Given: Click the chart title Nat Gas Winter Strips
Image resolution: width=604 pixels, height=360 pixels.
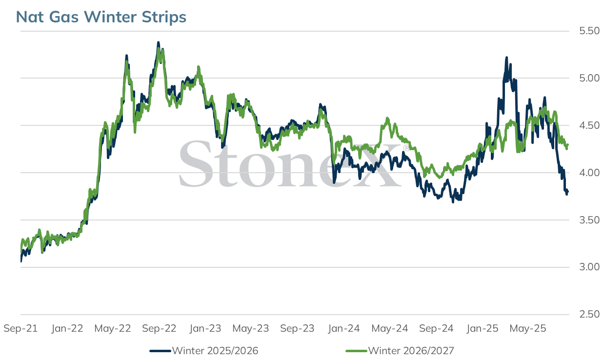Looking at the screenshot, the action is pos(101,17).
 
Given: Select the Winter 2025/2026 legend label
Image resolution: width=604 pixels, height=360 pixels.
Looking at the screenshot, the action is pos(215,351).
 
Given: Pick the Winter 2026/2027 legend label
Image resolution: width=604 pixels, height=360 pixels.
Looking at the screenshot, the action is pos(411,351).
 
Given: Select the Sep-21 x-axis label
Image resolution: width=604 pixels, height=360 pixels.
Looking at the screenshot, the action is pos(20,328).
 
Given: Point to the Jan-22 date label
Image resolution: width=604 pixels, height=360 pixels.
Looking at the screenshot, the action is pos(67,328).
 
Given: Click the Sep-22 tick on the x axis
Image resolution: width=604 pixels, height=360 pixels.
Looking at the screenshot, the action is pos(159,328).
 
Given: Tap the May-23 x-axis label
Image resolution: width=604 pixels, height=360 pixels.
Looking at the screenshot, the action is pos(251,328).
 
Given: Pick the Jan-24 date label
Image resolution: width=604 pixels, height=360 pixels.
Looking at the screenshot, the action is pos(344,328).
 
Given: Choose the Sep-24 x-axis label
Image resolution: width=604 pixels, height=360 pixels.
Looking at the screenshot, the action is pos(436,328).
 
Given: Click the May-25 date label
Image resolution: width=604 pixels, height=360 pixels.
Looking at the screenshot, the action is pos(528,328).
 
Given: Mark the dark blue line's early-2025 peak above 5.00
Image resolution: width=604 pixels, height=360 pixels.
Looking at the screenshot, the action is pos(506,58).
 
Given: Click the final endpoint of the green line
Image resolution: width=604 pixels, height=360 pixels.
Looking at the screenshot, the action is pos(567,145).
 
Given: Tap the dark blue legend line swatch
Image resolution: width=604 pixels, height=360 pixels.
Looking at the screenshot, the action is pos(161,351).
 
